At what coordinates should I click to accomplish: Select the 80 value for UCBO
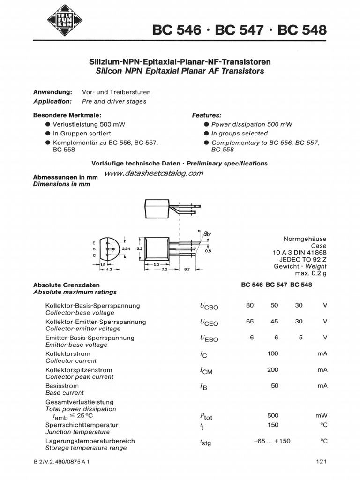249,305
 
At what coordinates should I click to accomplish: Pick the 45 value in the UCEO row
274,322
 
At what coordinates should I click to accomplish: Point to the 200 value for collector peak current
273,369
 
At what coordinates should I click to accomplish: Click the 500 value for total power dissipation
273,415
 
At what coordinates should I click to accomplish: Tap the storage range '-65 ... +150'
272,441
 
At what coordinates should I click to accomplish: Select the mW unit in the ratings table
322,415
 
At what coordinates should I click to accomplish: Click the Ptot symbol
206,416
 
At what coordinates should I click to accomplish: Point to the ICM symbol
205,371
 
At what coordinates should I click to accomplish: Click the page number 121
321,462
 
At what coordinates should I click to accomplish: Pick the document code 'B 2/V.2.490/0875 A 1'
61,462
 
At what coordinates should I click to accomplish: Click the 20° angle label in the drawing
208,233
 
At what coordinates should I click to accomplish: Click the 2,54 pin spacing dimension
126,248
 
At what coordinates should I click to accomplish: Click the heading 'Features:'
207,115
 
